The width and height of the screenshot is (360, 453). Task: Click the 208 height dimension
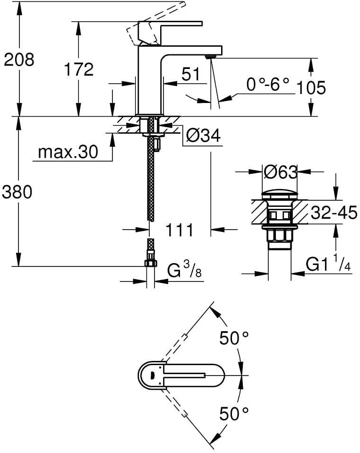pyautogui.click(x=19, y=60)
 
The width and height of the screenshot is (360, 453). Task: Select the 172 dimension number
pyautogui.click(x=78, y=69)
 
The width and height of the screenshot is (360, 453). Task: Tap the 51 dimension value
pyautogui.click(x=191, y=74)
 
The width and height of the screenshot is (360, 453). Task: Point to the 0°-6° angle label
pyautogui.click(x=267, y=85)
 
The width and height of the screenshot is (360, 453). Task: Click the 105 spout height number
pyautogui.click(x=311, y=88)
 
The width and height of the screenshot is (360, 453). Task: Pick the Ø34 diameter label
pyautogui.click(x=203, y=135)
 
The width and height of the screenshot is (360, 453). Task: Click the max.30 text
pyautogui.click(x=68, y=152)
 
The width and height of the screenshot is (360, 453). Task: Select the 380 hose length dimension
pyautogui.click(x=17, y=192)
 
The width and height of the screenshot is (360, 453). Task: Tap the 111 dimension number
pyautogui.click(x=179, y=230)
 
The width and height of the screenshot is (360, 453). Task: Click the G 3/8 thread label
pyautogui.click(x=184, y=270)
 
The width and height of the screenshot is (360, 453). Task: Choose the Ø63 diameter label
pyautogui.click(x=280, y=172)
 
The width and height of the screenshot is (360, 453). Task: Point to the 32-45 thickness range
pyautogui.click(x=334, y=213)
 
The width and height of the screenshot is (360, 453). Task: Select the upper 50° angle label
pyautogui.click(x=234, y=338)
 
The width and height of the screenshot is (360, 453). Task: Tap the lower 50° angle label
pyautogui.click(x=234, y=413)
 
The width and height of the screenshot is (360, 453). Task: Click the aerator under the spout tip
pyautogui.click(x=210, y=56)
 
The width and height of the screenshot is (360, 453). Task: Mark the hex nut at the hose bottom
pyautogui.click(x=151, y=263)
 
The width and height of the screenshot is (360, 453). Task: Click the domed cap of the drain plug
pyautogui.click(x=280, y=194)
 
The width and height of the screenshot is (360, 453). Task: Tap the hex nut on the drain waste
pyautogui.click(x=279, y=235)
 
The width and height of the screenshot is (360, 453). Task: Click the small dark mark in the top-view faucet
pyautogui.click(x=151, y=376)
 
